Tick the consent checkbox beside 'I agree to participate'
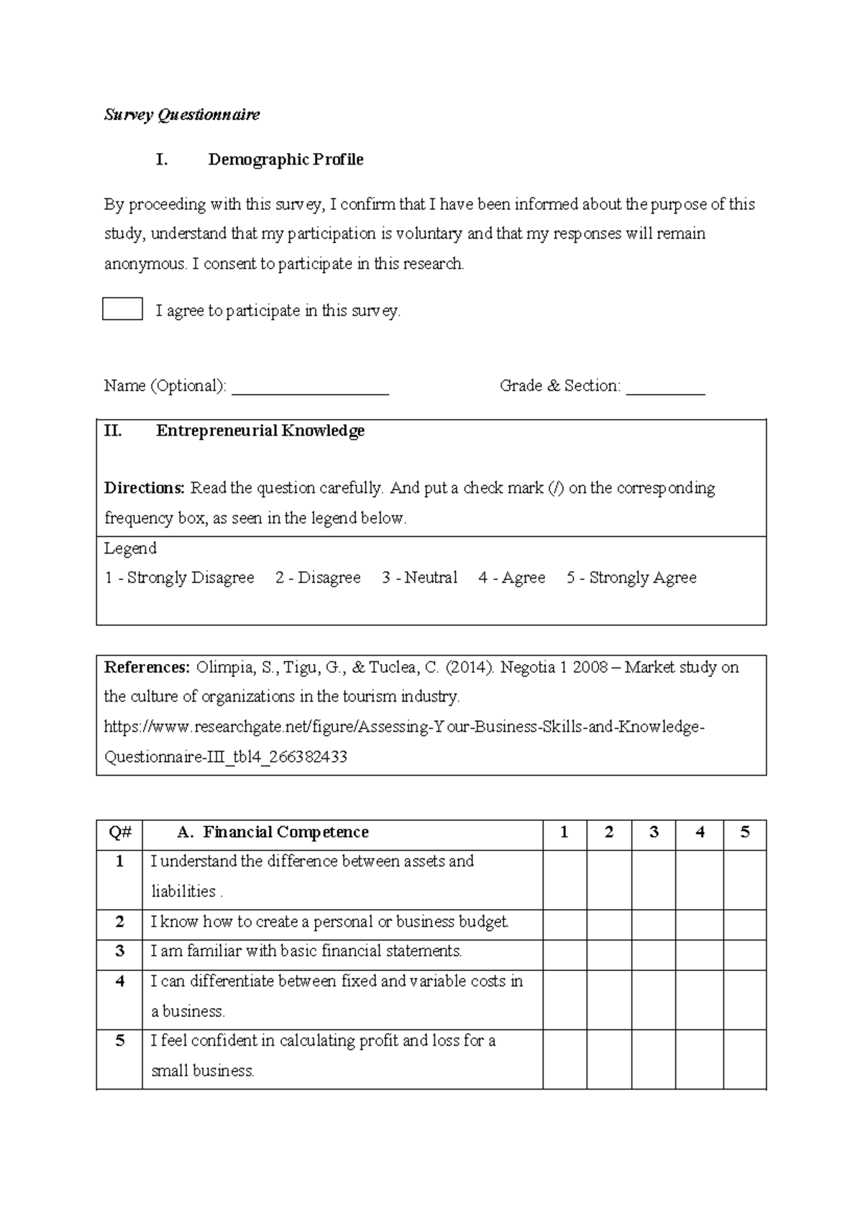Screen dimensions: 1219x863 122,308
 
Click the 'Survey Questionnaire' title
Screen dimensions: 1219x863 182,115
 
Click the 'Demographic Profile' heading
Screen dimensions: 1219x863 286,160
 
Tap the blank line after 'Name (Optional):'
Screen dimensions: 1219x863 310,388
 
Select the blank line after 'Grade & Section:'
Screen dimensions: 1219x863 665,388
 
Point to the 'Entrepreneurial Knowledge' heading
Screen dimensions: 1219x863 260,431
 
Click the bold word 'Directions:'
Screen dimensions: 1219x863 145,488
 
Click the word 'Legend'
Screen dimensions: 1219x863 130,548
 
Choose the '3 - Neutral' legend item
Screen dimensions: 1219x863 419,578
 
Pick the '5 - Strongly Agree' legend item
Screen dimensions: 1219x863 631,578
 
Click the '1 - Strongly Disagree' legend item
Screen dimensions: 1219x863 179,578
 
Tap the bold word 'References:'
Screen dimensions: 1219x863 147,667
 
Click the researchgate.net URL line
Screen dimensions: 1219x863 403,727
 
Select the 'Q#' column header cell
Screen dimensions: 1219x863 120,832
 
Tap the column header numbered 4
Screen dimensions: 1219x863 700,832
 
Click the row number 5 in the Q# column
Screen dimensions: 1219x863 120,1041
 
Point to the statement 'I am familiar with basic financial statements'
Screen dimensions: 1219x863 306,952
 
